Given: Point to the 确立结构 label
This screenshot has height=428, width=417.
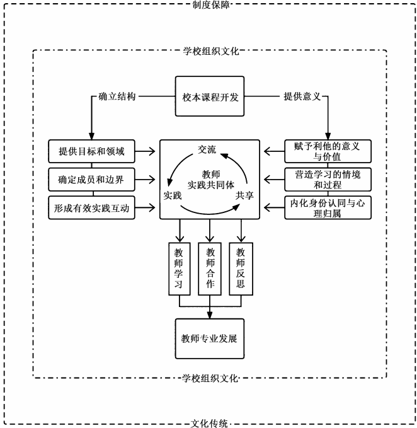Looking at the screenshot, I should [117, 97].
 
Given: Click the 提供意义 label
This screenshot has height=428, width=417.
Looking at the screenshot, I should [301, 97].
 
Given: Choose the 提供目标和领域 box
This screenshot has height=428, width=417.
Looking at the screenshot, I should [92, 151].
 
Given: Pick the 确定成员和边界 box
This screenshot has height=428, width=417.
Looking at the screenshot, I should [92, 180].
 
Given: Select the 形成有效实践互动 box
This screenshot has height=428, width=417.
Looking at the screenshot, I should [92, 207].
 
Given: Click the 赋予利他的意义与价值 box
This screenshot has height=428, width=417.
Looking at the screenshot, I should [326, 151].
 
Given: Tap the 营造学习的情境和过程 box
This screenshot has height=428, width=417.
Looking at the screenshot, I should [326, 180].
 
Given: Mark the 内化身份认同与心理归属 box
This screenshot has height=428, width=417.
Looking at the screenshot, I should [326, 207].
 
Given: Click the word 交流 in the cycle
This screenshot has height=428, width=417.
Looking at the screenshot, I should [207, 150].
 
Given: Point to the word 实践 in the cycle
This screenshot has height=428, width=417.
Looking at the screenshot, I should [173, 195].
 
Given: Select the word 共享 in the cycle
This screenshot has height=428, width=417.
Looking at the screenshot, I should [244, 195].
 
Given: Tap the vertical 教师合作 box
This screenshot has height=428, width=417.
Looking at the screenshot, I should [210, 268].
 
